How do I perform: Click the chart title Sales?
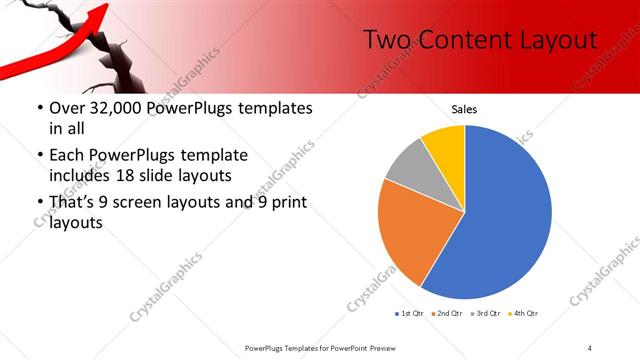pos(465,107)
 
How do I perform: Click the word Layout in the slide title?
pos(551,40)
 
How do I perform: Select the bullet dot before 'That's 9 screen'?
pos(38,204)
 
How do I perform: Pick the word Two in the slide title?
pos(381,40)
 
